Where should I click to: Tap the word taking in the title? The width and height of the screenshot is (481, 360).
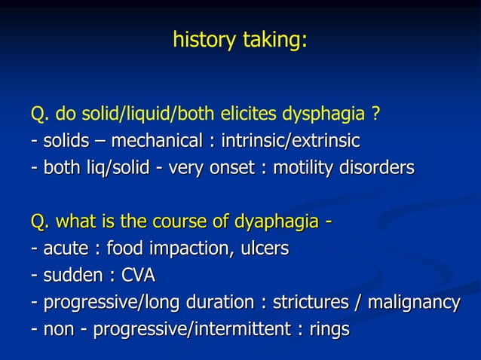click(273, 39)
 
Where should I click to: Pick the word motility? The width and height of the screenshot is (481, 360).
click(305, 167)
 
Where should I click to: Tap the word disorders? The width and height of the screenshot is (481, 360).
click(378, 167)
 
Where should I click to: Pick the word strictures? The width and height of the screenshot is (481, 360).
click(308, 303)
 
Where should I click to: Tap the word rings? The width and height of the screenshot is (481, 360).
click(330, 330)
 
